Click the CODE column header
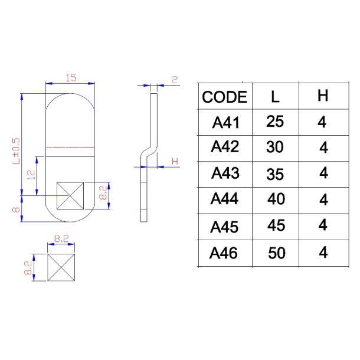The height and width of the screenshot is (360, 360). (x=224, y=97)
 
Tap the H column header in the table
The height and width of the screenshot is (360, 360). (x=323, y=96)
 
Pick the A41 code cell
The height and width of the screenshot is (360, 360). (x=225, y=123)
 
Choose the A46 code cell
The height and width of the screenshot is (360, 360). (x=225, y=253)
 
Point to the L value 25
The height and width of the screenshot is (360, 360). (x=275, y=122)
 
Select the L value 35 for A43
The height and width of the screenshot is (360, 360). (x=275, y=175)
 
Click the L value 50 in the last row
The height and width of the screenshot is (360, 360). (x=276, y=253)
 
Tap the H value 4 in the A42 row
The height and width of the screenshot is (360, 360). (x=323, y=148)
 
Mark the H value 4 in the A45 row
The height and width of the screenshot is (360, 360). (x=323, y=225)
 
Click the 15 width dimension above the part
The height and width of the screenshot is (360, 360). (x=71, y=78)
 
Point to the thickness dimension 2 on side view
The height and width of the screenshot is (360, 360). (x=174, y=80)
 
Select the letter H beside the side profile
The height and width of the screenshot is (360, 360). (x=174, y=161)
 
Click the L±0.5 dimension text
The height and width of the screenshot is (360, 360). (x=17, y=150)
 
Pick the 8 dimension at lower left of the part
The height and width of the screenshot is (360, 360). (x=17, y=208)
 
